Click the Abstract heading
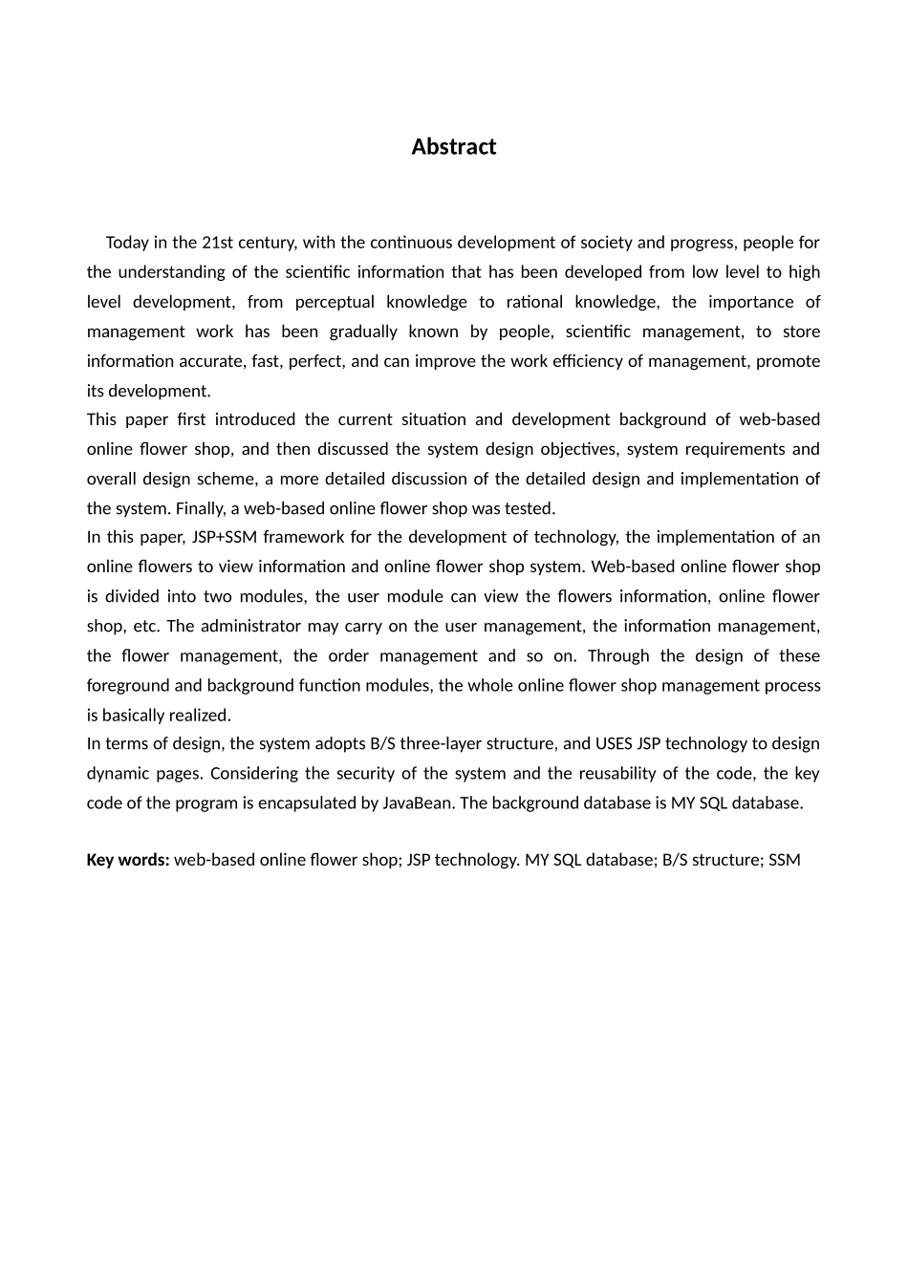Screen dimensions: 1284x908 point(453,147)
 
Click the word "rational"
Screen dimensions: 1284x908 point(533,302)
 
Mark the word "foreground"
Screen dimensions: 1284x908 point(124,685)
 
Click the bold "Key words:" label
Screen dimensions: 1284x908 point(128,860)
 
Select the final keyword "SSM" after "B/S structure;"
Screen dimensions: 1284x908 point(785,860)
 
